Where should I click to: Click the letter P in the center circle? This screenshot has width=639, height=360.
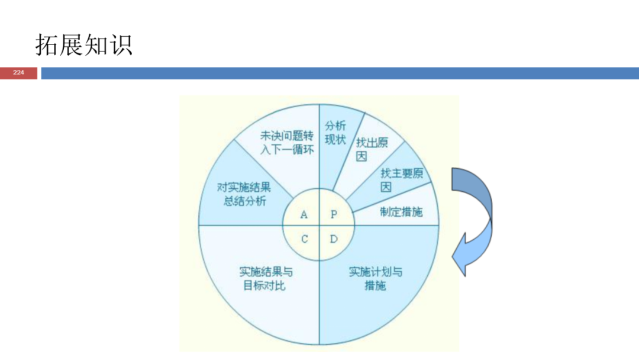334,214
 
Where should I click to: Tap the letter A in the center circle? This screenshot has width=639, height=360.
304,214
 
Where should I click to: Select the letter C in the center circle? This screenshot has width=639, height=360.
304,239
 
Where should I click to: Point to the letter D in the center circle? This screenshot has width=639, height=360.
334,239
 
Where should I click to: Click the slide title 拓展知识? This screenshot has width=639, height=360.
83,45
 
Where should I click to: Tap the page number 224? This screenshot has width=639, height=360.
18,73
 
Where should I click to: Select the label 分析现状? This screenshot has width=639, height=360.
335,133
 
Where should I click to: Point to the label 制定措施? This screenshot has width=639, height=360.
401,212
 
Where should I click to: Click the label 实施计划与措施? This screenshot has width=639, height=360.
375,278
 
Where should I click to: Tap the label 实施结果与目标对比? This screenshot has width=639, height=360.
266,278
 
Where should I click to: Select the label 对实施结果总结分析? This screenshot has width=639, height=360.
244,194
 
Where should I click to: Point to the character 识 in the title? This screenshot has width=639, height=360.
120,45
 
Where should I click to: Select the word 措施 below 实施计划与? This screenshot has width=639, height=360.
375,285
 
